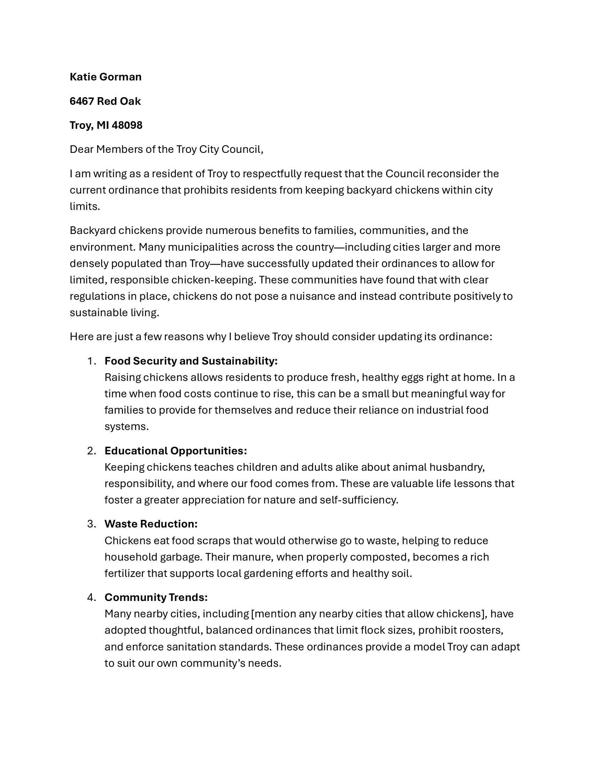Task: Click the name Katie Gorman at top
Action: pyautogui.click(x=106, y=77)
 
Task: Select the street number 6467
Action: pyautogui.click(x=82, y=101)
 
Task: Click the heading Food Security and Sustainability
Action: pyautogui.click(x=191, y=361)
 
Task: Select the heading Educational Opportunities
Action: pyautogui.click(x=176, y=451)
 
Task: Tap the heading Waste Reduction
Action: pyautogui.click(x=151, y=524)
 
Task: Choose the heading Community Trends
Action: pyautogui.click(x=156, y=597)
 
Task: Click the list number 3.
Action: pyautogui.click(x=91, y=524)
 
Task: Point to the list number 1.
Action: pyautogui.click(x=91, y=361)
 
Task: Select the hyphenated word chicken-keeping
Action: pyautogui.click(x=212, y=280)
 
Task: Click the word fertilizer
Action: pyautogui.click(x=124, y=573)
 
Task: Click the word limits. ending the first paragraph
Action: pyautogui.click(x=85, y=206)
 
